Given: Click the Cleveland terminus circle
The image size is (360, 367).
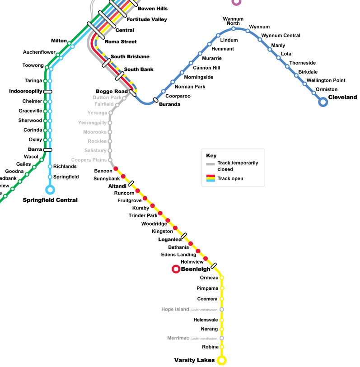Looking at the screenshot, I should tap(323, 102).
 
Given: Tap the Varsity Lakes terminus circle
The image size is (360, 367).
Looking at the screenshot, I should tap(221, 360).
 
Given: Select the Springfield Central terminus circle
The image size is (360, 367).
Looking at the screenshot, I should tap(50, 190).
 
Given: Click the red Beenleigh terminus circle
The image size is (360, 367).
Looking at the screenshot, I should tap(176, 269).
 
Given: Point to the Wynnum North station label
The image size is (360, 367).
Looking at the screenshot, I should tap(234, 21).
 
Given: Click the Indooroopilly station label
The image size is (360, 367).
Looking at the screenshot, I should tap(25, 92).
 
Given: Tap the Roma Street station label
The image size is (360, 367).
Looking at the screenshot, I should tap(121, 42).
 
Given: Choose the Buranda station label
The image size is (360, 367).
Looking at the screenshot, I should tap(169, 105).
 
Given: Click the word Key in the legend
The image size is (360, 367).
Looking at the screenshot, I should tap(211, 156).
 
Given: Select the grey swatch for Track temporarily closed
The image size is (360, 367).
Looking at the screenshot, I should tap(210, 164).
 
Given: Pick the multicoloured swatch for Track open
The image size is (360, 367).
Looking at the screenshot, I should tap(210, 178).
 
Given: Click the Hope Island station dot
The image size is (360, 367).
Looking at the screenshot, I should tap(222, 310).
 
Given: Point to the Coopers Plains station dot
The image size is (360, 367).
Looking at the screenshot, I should tap(110, 160).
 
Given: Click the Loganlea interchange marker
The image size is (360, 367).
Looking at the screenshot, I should tap(184, 236).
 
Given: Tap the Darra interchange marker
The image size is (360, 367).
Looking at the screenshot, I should tap(47, 149).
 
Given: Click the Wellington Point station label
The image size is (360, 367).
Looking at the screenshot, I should tap(326, 80).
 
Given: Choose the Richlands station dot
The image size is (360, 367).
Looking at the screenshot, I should tap(50, 167).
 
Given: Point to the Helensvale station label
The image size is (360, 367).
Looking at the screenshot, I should tap(206, 320).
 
